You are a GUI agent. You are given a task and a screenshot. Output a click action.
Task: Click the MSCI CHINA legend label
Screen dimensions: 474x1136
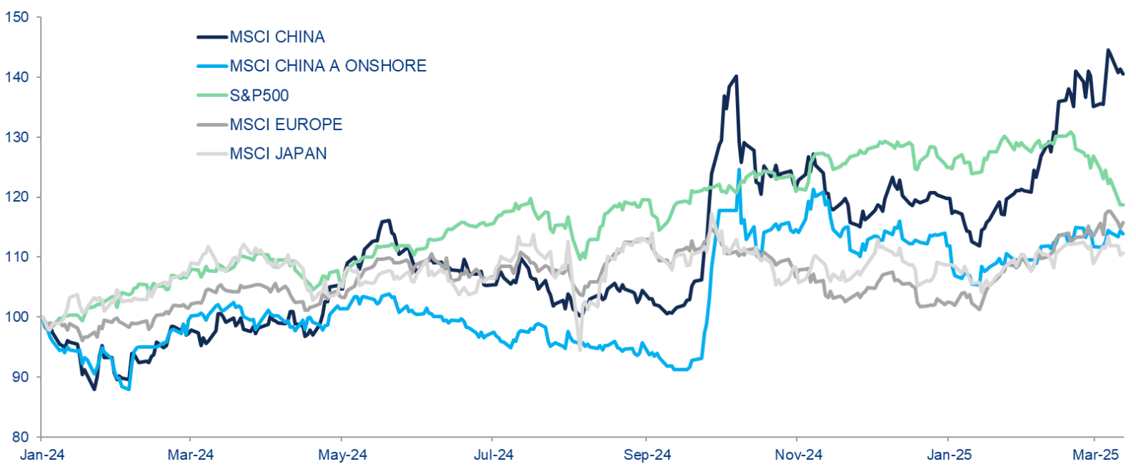coord(277,37)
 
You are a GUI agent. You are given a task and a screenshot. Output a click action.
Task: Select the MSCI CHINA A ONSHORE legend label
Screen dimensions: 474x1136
coord(328,66)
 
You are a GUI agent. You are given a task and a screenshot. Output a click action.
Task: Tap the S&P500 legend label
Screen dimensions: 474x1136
coord(259,96)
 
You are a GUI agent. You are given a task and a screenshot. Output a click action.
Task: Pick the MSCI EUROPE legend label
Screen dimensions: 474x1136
coord(286,124)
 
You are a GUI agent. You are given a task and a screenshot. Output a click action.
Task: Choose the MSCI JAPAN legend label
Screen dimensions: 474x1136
coord(278,154)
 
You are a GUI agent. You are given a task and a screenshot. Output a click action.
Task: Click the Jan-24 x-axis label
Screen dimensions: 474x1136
coord(42,455)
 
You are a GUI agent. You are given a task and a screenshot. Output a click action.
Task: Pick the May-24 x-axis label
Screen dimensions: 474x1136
coord(343,455)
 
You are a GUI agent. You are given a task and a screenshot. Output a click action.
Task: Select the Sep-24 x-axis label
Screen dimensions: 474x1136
coord(647,455)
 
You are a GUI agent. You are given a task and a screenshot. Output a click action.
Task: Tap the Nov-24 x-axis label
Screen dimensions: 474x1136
coord(798,455)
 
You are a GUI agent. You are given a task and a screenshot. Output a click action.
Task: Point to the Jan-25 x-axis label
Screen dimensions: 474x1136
coord(949,455)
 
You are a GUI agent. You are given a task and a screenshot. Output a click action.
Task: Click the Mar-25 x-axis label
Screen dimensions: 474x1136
coord(1096,455)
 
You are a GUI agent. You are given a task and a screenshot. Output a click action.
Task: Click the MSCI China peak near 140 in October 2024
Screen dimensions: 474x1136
coord(736,76)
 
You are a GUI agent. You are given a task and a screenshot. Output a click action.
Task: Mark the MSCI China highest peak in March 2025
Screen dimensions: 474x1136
coord(1108,50)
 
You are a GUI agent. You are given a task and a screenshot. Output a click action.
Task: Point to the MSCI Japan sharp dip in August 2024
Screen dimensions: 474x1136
coord(579,349)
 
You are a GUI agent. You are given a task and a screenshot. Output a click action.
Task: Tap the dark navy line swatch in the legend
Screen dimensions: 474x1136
coord(212,37)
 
